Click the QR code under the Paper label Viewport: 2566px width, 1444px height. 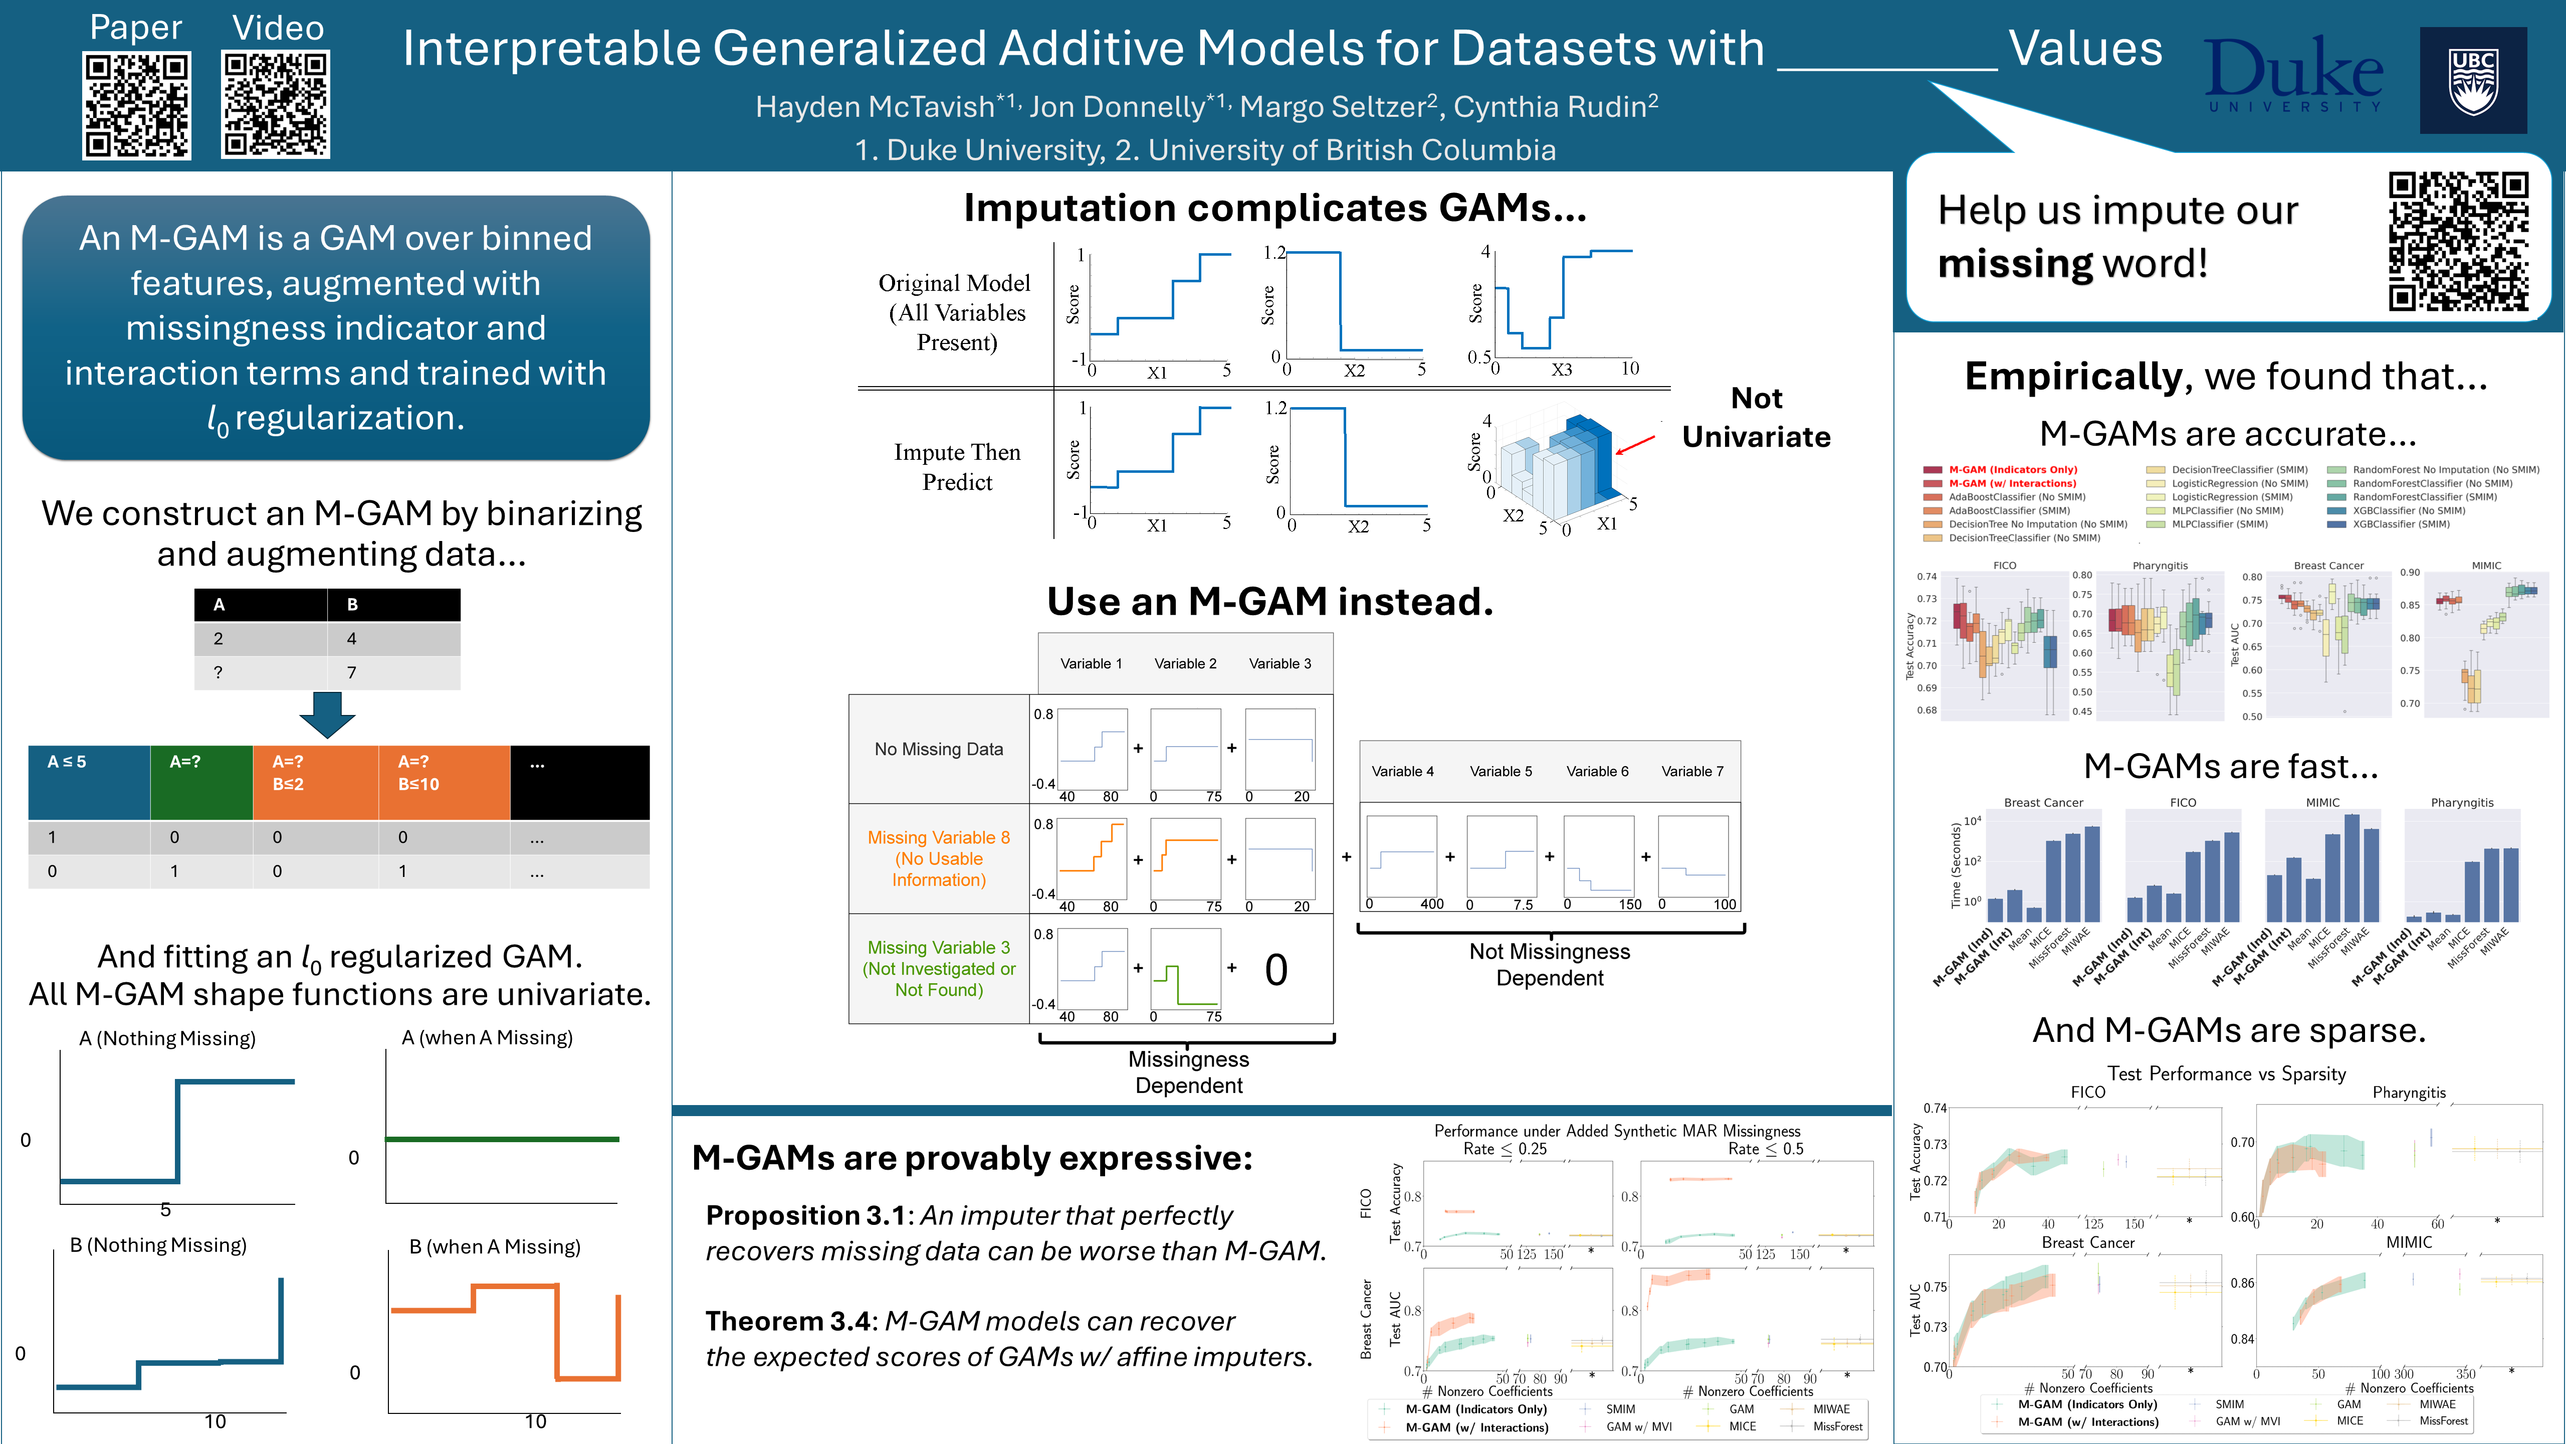(136, 106)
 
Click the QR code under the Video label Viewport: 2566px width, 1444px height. (276, 106)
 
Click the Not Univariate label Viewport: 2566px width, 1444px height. (1756, 418)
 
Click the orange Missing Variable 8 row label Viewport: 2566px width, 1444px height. (938, 858)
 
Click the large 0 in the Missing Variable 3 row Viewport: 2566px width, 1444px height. (1276, 970)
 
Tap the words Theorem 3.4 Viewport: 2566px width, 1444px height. (791, 1322)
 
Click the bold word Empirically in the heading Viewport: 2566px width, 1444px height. (2073, 377)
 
